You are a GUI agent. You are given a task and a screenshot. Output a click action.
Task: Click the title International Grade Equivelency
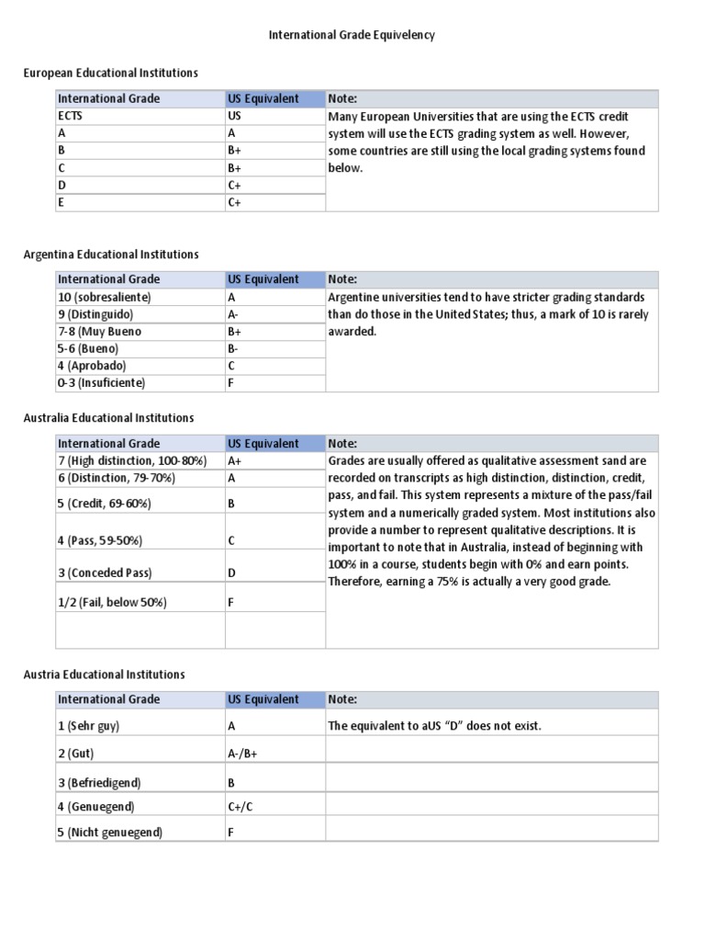pyautogui.click(x=352, y=35)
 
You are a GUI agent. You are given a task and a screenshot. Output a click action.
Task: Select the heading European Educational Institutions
pyautogui.click(x=110, y=73)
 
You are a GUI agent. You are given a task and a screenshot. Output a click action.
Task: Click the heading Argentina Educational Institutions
pyautogui.click(x=110, y=254)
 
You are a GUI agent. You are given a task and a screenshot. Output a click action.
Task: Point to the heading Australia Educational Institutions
pyautogui.click(x=108, y=417)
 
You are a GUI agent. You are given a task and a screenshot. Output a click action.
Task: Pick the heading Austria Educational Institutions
pyautogui.click(x=104, y=674)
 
